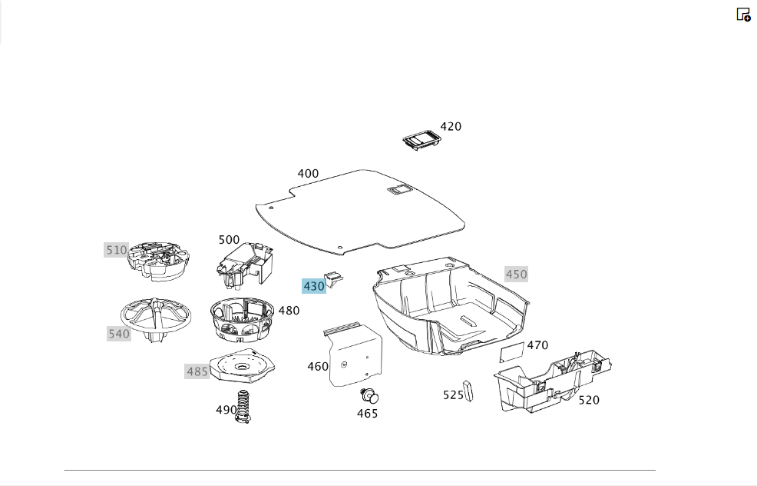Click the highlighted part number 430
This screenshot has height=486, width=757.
point(314,286)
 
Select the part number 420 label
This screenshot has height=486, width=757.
point(451,127)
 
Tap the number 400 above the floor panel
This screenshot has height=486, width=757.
point(308,174)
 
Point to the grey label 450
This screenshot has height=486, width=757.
point(516,275)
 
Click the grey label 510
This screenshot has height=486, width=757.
point(117,250)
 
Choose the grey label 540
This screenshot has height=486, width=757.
point(119,334)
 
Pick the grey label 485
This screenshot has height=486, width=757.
point(197,371)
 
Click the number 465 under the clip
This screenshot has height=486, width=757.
point(368,414)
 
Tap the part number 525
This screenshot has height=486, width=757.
point(453,395)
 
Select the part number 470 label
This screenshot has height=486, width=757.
point(537,345)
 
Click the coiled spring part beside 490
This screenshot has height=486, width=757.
point(244,407)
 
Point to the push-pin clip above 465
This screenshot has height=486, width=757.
point(370,396)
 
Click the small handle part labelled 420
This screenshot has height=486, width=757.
point(422,140)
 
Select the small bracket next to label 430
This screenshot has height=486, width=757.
point(334,279)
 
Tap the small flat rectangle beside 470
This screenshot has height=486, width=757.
point(512,352)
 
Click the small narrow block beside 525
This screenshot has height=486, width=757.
point(468,391)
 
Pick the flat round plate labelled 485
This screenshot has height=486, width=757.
point(243,365)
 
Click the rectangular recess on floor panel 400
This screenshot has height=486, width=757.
point(399,190)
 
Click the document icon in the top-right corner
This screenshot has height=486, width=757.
point(743,15)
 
